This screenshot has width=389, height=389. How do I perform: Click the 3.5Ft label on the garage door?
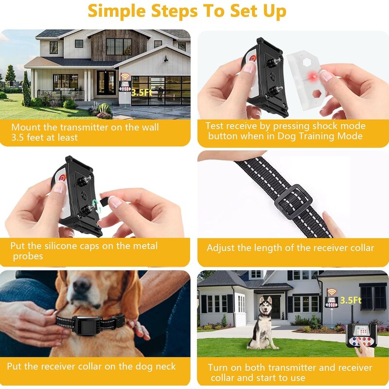pyautogui.click(x=141, y=91)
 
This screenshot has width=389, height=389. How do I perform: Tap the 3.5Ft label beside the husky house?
pyautogui.click(x=351, y=301)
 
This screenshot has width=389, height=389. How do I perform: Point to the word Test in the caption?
pyautogui.click(x=214, y=126)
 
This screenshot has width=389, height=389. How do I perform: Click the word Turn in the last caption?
pyautogui.click(x=218, y=368)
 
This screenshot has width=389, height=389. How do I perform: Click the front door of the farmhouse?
pyautogui.click(x=106, y=82)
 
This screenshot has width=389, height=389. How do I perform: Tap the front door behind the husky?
pyautogui.click(x=275, y=307)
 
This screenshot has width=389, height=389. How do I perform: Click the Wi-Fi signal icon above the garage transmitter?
pyautogui.click(x=125, y=76)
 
